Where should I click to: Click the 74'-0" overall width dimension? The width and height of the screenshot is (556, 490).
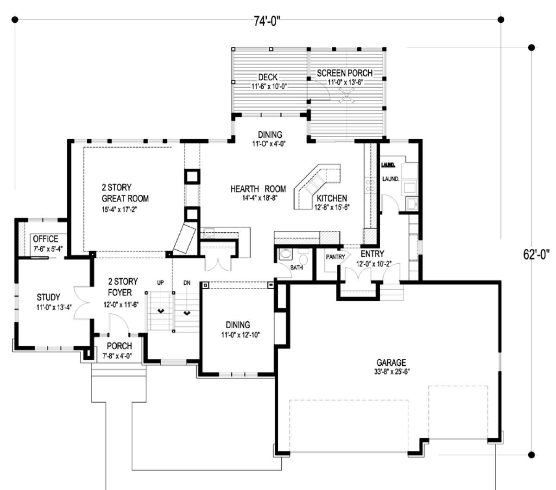[x=267, y=21]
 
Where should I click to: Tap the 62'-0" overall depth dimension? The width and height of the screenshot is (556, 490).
[x=536, y=255]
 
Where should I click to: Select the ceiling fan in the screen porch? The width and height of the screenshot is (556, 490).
[x=346, y=95]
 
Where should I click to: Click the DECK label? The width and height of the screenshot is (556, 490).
[x=268, y=77]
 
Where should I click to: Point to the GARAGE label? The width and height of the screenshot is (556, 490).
[x=391, y=363]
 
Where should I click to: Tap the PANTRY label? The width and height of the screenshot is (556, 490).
[x=335, y=257]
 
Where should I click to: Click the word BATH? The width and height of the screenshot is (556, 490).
[x=297, y=267]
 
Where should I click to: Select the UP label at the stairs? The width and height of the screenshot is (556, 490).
[x=160, y=283]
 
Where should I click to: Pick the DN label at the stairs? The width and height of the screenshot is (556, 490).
[x=187, y=283]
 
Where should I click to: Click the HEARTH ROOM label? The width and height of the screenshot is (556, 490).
[x=258, y=189]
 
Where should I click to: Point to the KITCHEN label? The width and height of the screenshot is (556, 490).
[x=331, y=198]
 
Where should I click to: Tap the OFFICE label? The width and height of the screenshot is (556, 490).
[x=45, y=239]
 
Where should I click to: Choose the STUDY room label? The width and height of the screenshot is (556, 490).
[x=48, y=297]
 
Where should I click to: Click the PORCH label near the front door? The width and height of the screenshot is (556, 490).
[x=120, y=346]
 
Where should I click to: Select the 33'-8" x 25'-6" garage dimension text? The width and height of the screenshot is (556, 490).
[x=392, y=372]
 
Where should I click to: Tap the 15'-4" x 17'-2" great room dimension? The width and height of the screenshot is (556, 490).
[x=119, y=210]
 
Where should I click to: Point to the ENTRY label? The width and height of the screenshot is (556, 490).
[x=373, y=254]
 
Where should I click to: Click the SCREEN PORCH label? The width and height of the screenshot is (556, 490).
[x=345, y=73]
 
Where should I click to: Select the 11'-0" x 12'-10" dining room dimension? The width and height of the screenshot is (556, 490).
[x=240, y=335]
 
